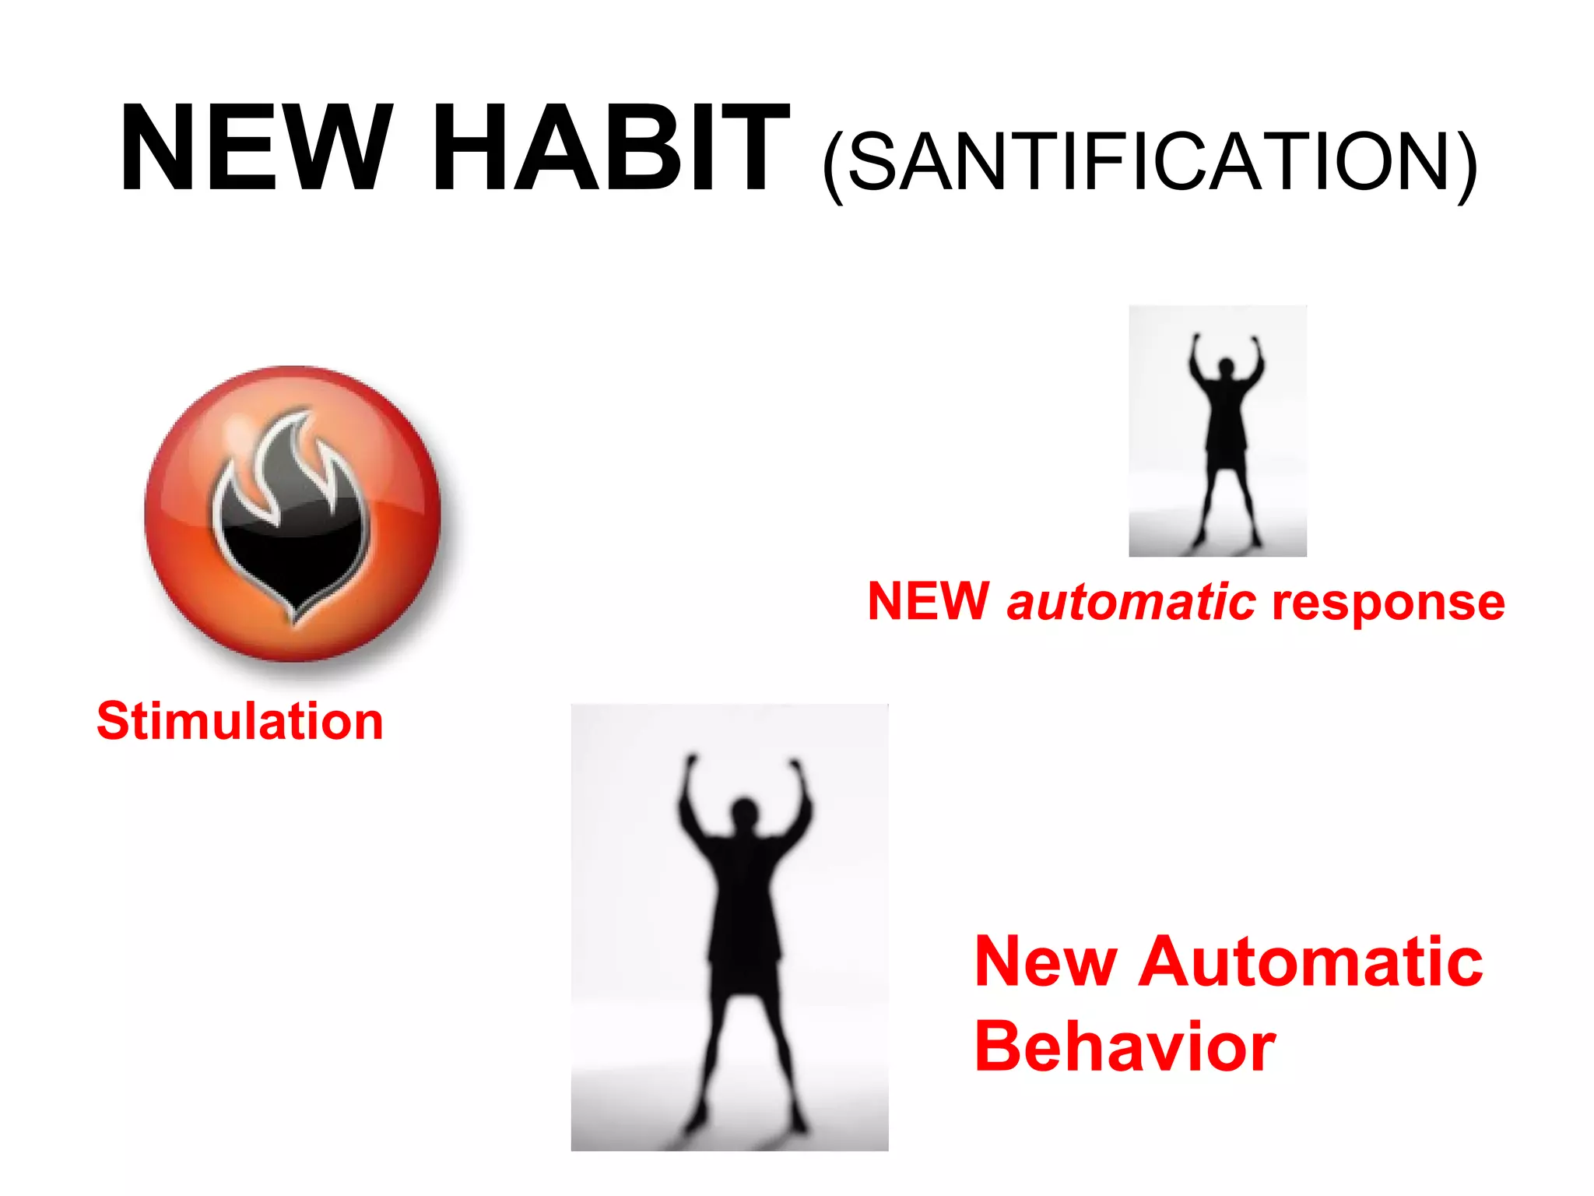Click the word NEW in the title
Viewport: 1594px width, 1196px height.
pyautogui.click(x=255, y=148)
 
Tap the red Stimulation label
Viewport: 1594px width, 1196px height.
pyautogui.click(x=240, y=721)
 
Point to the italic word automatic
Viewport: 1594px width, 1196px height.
pyautogui.click(x=1130, y=603)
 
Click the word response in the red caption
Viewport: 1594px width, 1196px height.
pyautogui.click(x=1389, y=603)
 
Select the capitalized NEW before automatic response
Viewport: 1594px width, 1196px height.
pyautogui.click(x=928, y=601)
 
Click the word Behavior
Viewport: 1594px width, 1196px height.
pyautogui.click(x=1124, y=1046)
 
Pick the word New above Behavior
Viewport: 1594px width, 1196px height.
pyautogui.click(x=1046, y=962)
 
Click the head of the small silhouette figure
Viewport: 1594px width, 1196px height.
pyautogui.click(x=1227, y=366)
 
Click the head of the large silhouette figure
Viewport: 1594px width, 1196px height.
pyautogui.click(x=744, y=811)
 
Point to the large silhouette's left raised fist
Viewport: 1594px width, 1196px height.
pyautogui.click(x=690, y=763)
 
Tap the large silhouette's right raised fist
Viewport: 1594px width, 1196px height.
pyautogui.click(x=795, y=768)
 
